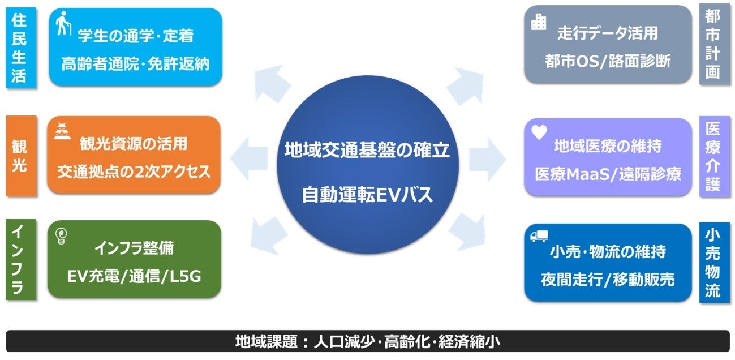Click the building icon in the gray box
click(539, 22)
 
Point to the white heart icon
click(539, 131)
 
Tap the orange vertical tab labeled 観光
click(19, 156)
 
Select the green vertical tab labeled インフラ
click(19, 260)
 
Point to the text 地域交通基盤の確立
click(367, 151)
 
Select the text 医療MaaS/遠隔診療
click(608, 174)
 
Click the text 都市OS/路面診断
click(608, 61)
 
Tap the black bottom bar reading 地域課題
click(367, 342)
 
